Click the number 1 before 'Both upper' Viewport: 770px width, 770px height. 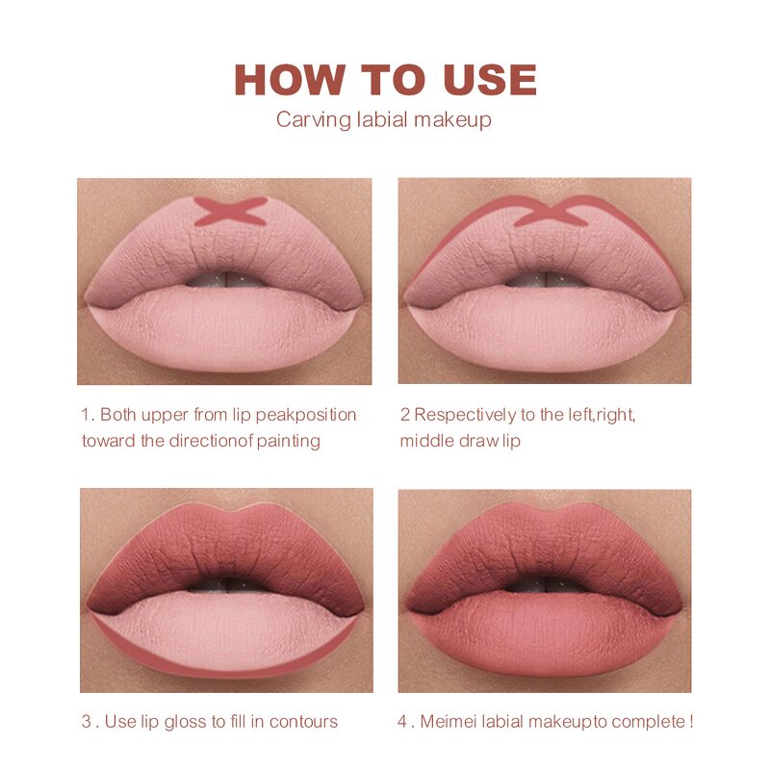pyautogui.click(x=85, y=415)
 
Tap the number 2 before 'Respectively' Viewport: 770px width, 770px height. pyautogui.click(x=405, y=415)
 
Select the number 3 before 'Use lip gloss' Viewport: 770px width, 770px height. pyautogui.click(x=85, y=722)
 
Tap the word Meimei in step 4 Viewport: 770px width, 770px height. pyautogui.click(x=448, y=722)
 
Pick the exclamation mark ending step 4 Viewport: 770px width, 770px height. pyautogui.click(x=690, y=722)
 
